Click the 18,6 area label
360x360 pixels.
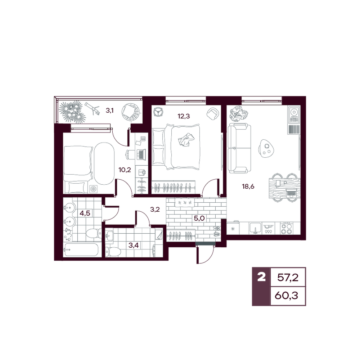point(248,186)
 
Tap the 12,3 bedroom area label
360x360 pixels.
point(184,116)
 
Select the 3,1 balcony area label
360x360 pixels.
point(109,111)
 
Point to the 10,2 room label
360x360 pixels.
point(125,170)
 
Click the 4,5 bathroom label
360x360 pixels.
point(85,213)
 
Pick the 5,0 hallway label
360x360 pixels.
point(199,218)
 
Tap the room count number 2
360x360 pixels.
point(261,277)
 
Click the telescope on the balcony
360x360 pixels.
point(92,108)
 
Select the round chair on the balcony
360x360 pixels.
point(130,112)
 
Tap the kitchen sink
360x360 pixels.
point(255,228)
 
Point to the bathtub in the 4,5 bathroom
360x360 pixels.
point(81,249)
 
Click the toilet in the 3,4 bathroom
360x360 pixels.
point(113,252)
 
